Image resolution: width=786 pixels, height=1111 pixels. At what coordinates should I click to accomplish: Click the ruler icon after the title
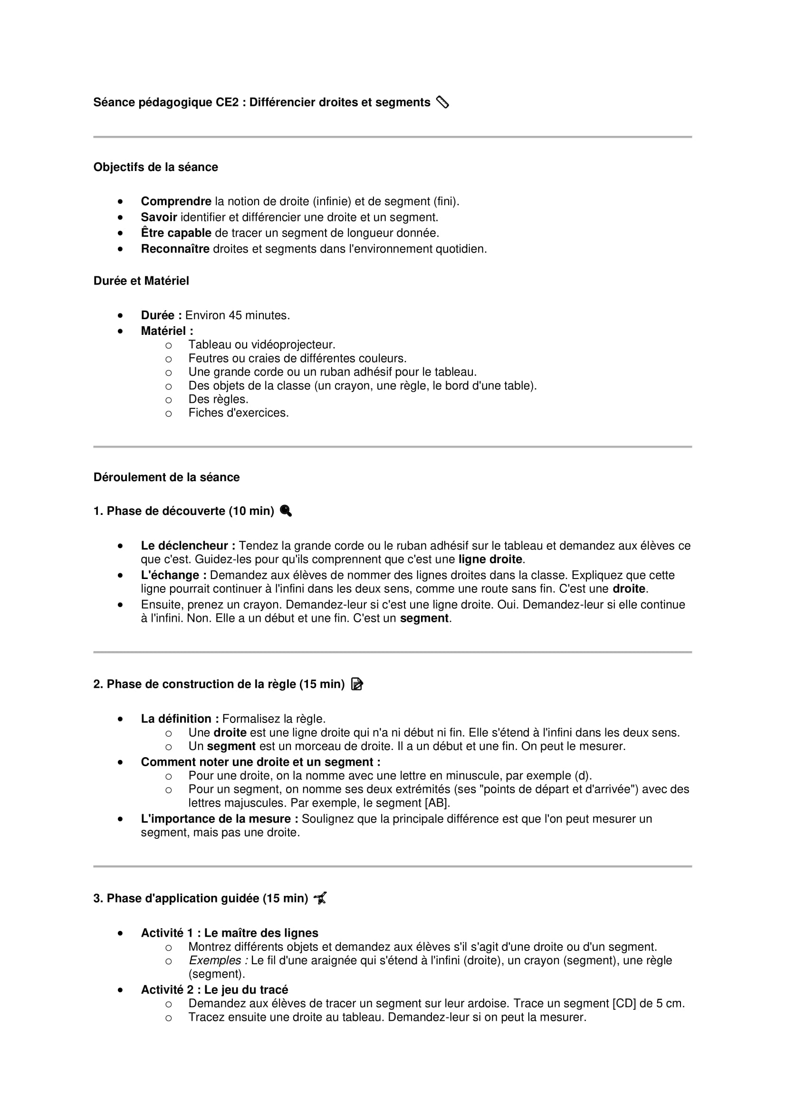[442, 102]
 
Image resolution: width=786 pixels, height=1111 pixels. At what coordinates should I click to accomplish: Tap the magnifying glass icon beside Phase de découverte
[286, 511]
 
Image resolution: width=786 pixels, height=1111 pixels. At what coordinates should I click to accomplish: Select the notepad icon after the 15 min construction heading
[357, 684]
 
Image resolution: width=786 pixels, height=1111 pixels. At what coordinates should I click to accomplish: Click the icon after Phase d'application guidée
[320, 899]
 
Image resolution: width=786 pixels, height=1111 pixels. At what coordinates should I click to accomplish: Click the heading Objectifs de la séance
[155, 167]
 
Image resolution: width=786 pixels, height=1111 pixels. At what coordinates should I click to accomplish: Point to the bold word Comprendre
[176, 201]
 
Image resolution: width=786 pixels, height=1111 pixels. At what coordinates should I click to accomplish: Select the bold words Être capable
[176, 233]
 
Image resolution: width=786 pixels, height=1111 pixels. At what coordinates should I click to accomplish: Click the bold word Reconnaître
[175, 249]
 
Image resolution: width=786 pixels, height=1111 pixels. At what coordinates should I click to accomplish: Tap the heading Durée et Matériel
[141, 281]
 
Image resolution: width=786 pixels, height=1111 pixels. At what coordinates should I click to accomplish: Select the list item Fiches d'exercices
[238, 413]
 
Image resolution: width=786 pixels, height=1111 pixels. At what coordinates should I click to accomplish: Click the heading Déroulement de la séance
[166, 477]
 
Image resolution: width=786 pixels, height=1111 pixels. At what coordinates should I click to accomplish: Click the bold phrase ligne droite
[490, 560]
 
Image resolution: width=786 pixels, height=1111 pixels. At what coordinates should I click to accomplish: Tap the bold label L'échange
[173, 575]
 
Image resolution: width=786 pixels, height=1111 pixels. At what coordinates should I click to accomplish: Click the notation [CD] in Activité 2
[624, 1004]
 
